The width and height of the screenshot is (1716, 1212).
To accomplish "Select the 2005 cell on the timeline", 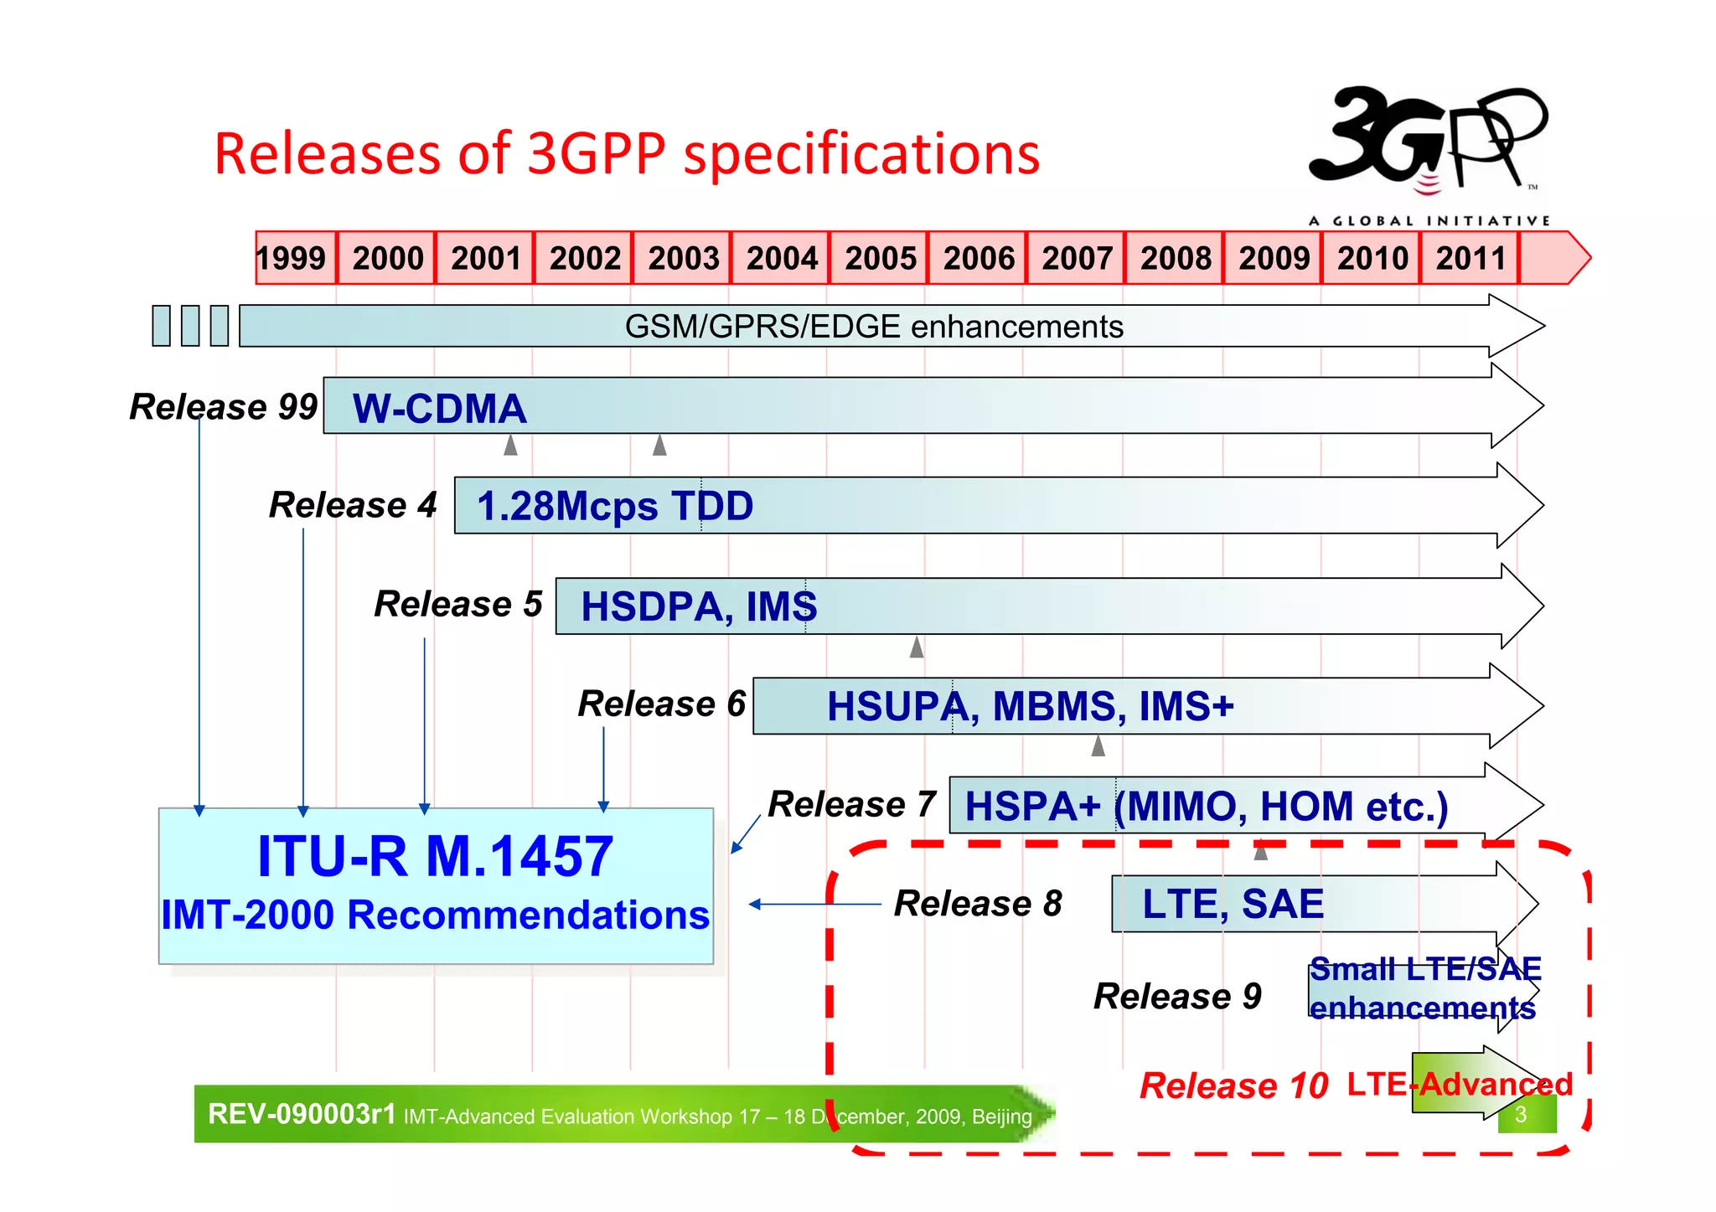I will (x=880, y=258).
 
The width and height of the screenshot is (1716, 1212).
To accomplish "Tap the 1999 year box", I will (x=292, y=258).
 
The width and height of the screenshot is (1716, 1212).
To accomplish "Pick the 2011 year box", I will (x=1470, y=258).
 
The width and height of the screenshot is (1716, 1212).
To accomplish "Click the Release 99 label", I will (x=224, y=407).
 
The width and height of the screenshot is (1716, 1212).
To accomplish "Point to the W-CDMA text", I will (x=439, y=409).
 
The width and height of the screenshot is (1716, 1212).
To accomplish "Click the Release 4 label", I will (x=353, y=505).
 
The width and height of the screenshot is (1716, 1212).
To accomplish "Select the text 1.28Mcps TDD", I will (x=614, y=506).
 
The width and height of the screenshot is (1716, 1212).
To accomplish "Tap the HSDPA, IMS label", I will (x=699, y=606).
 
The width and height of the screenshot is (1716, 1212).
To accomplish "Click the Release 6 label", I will (x=661, y=704).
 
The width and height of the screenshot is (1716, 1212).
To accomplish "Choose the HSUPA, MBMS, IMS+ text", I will (x=1030, y=706).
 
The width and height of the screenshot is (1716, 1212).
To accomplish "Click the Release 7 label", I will (x=851, y=804).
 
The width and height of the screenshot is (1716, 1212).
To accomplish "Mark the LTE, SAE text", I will (x=1233, y=904).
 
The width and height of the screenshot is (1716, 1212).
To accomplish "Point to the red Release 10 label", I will (x=1233, y=1086).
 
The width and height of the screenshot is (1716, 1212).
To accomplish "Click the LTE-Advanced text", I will (x=1460, y=1084).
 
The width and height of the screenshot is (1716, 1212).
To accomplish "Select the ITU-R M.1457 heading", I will (x=435, y=856).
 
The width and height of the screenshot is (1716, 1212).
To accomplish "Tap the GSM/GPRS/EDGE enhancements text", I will (x=873, y=327).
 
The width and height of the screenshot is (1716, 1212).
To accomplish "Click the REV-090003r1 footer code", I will (x=302, y=1114).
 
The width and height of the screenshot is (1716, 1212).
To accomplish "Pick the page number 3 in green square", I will (x=1521, y=1115).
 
